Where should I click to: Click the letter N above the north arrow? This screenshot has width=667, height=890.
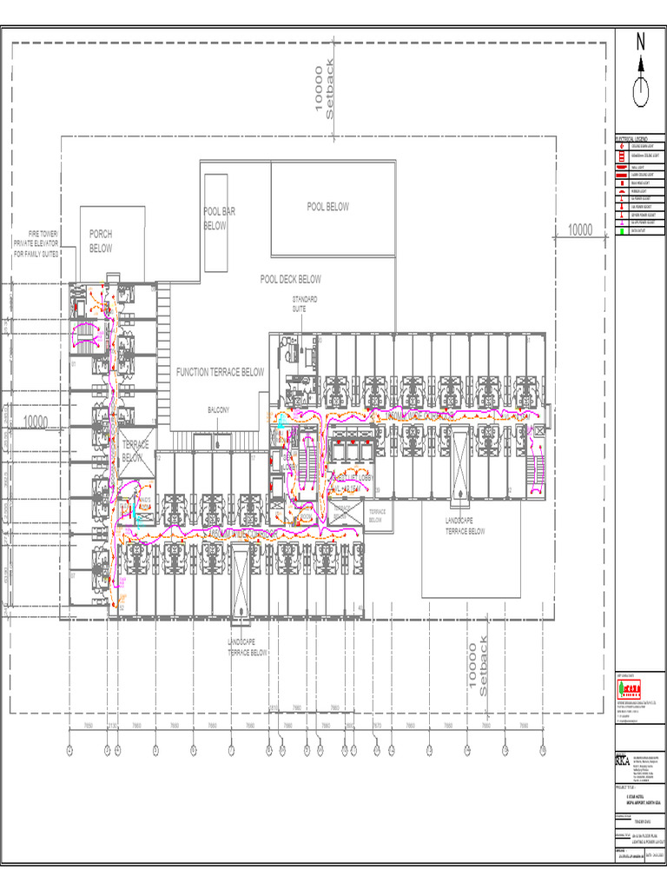coord(641,42)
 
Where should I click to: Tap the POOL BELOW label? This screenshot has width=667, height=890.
coord(327,207)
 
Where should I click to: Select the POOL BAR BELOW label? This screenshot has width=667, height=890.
coord(215,218)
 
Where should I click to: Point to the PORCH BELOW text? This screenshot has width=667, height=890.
coord(101,241)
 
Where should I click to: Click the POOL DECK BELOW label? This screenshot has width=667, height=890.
coord(290,279)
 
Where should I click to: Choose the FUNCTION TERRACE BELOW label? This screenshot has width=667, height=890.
coord(220,372)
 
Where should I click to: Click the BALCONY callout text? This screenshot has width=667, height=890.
coord(217,409)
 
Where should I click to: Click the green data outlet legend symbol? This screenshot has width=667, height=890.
coord(621,231)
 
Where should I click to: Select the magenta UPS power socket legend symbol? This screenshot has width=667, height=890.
coord(621,223)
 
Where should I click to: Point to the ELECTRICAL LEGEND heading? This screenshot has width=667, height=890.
coord(631,139)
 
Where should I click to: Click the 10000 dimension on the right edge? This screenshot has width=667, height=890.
coord(579,229)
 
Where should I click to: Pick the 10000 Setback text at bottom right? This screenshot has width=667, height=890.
coord(479,665)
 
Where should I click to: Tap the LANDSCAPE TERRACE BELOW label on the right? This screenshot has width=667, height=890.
coord(465,525)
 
